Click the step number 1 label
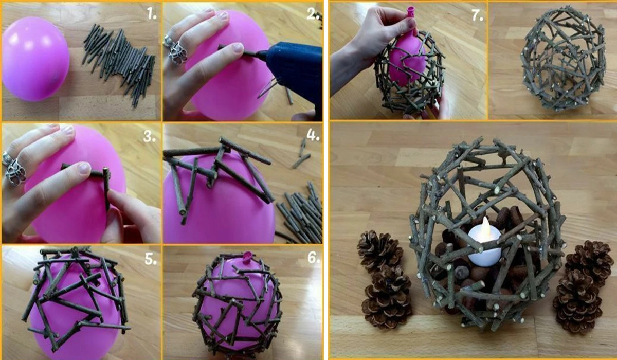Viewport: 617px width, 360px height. coord(152,13)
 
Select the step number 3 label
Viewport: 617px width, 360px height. coord(150,136)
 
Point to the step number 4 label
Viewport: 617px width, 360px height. coord(313,136)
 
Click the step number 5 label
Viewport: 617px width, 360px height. coord(151,259)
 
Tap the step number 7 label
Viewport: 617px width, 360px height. coord(477,16)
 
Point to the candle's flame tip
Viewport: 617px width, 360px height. coord(485,218)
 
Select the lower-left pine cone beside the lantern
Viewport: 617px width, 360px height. coord(388,297)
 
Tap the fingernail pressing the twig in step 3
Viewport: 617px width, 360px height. coord(83,168)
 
